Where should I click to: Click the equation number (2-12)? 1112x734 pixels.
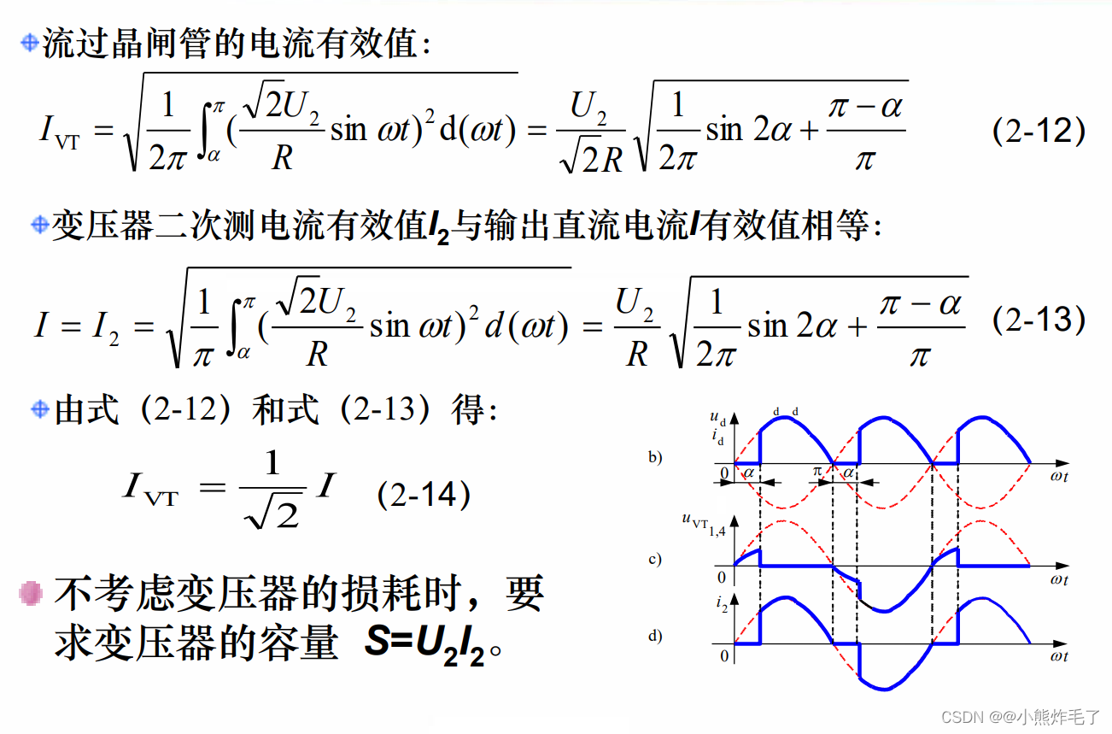[x=1039, y=132]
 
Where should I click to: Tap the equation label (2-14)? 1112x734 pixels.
[x=424, y=495]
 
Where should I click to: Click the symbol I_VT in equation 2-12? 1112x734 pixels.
[x=60, y=132]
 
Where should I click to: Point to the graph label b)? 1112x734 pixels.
[x=655, y=457]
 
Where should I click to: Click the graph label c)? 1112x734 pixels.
[x=655, y=560]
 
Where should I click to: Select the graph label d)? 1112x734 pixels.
[x=655, y=636]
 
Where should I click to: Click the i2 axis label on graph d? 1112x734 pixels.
[x=722, y=606]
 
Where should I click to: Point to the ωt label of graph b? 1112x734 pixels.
[x=1059, y=477]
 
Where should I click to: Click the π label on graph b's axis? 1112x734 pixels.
[x=816, y=472]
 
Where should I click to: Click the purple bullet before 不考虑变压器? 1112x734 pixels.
[x=32, y=593]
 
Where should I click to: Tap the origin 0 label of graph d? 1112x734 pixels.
[x=724, y=656]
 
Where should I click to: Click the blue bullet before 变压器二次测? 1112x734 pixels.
[x=39, y=226]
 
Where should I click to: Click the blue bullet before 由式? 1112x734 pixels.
[x=39, y=409]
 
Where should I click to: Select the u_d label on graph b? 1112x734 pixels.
[x=717, y=419]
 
